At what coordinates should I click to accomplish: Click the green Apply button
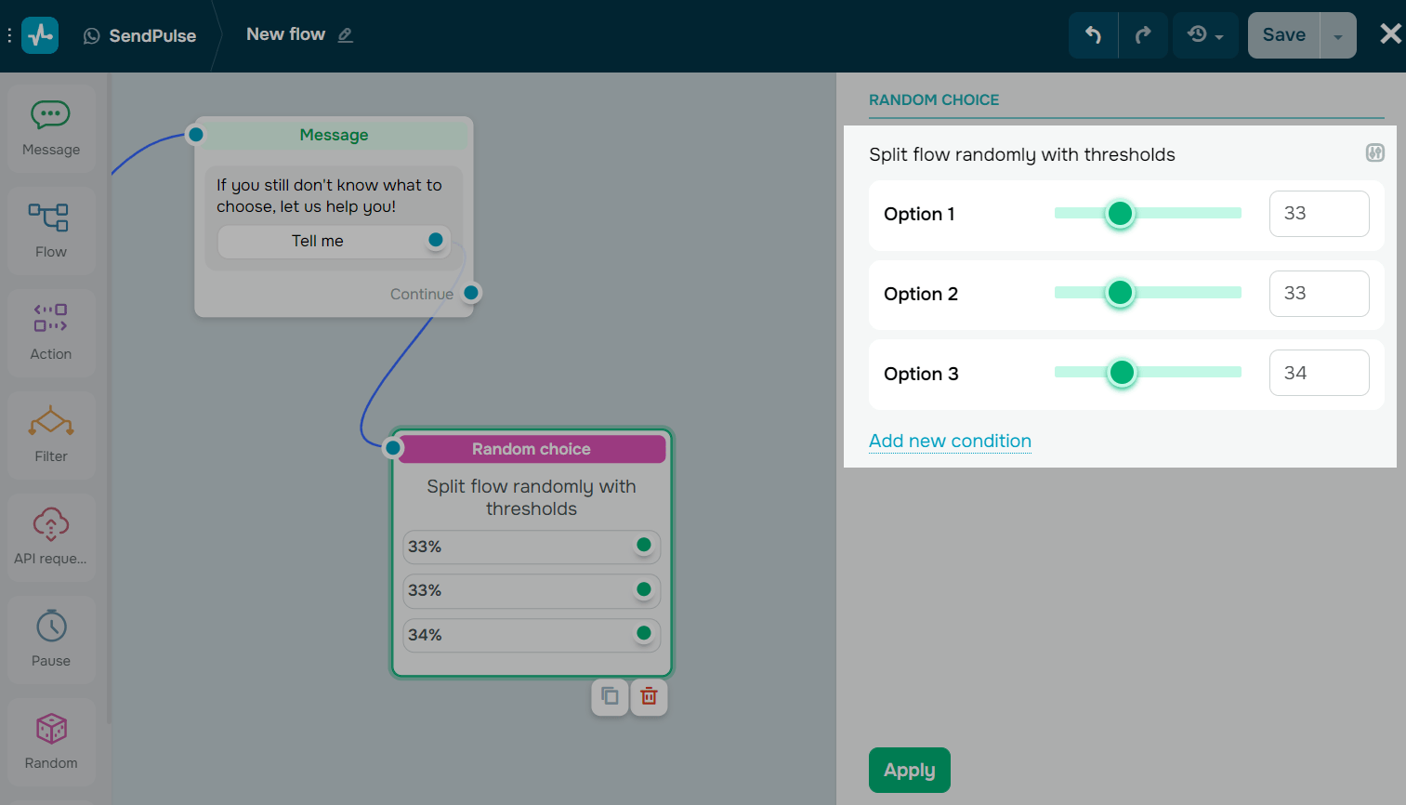pos(909,770)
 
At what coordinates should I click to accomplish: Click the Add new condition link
pos(950,441)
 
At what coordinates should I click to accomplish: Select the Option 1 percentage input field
pos(1318,214)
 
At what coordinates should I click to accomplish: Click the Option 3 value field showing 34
pos(1318,373)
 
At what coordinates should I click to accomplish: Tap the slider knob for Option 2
pos(1120,293)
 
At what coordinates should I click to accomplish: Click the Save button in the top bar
pos(1283,35)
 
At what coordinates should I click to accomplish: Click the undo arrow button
pos(1093,35)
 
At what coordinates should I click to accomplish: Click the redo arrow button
pos(1143,35)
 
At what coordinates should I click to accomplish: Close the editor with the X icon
pos(1390,34)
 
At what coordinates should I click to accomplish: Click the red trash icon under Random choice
pos(649,696)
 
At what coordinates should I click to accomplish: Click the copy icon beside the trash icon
pos(610,696)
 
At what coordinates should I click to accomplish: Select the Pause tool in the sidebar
pos(51,639)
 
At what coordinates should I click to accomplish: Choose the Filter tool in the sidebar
pos(51,434)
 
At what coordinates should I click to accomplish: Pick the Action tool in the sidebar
pos(51,332)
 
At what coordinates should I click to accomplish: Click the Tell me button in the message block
pos(318,241)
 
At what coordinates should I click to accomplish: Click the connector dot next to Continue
pos(471,293)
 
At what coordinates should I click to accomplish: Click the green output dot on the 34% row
pos(643,634)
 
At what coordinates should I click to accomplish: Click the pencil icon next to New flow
pos(345,35)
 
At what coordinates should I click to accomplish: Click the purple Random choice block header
pos(531,449)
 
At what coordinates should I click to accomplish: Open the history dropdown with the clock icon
pos(1204,35)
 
